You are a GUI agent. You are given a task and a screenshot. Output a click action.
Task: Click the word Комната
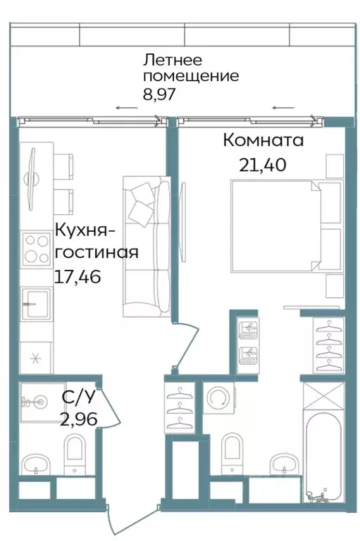(x=263, y=140)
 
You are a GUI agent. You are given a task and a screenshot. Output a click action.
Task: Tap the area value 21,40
(x=263, y=167)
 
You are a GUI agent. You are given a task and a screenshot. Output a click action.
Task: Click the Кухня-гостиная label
(x=96, y=241)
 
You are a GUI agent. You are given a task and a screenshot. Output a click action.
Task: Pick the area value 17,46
(x=77, y=276)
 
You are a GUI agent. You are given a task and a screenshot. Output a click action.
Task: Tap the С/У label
(x=79, y=398)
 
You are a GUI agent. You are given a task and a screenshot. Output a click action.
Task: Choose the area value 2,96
(x=79, y=421)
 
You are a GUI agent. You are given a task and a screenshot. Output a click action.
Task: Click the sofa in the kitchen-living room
(x=147, y=247)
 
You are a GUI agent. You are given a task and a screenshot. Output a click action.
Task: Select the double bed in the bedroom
(x=276, y=225)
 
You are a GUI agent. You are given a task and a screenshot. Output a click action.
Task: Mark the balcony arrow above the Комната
(x=283, y=108)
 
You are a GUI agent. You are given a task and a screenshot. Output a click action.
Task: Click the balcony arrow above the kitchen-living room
(x=126, y=108)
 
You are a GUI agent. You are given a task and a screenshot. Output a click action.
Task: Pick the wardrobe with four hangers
(x=328, y=345)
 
